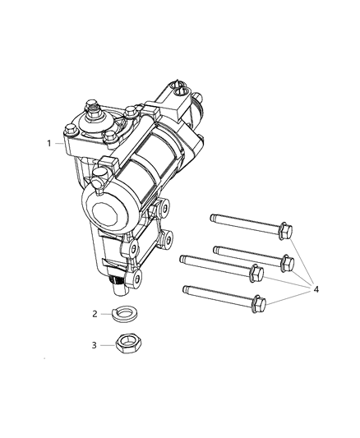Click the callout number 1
click(49, 143)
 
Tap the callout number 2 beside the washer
click(95, 314)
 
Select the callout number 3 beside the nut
click(95, 346)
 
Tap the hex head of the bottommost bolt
click(257, 304)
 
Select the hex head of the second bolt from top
click(287, 263)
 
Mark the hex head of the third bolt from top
click(256, 270)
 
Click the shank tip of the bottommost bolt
click(186, 288)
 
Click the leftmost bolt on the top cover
click(70, 129)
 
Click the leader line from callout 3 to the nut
click(108, 346)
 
